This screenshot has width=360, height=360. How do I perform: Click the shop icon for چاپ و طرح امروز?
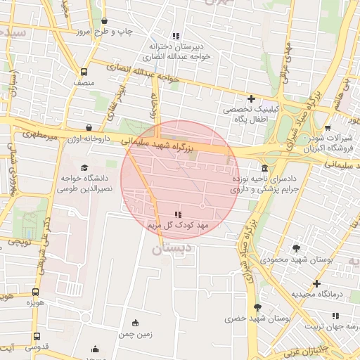(105, 21)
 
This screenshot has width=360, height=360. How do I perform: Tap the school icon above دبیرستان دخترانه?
(176, 36)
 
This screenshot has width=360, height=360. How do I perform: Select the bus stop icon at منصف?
(84, 72)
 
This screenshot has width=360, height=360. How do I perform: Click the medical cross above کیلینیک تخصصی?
(251, 98)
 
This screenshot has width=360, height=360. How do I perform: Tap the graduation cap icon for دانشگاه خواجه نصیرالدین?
(85, 168)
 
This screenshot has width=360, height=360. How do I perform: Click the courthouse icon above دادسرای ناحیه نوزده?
(264, 169)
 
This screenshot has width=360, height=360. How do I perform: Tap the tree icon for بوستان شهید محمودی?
(296, 248)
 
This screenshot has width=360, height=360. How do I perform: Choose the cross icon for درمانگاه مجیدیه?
(317, 283)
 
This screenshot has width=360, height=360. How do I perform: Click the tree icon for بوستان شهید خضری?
(257, 307)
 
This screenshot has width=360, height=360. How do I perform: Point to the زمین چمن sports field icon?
(136, 323)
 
